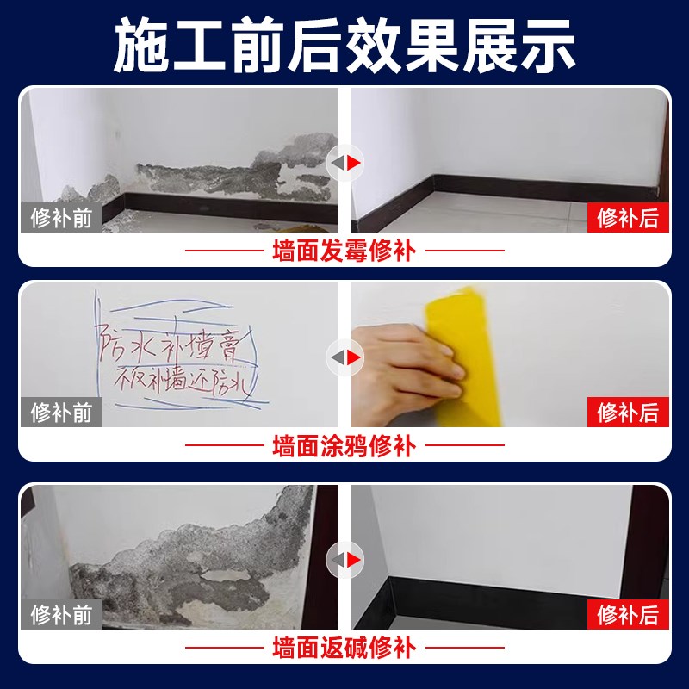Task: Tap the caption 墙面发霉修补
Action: point(344,251)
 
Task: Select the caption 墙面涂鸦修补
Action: point(344,446)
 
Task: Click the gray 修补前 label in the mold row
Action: point(61,217)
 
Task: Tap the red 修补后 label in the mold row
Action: point(628,217)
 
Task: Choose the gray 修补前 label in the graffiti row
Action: point(61,412)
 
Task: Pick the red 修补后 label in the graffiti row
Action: point(628,412)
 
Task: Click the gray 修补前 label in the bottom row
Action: point(61,614)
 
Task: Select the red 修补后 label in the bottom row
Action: point(628,614)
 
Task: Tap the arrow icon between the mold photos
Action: point(344,161)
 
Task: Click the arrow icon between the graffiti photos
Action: point(344,356)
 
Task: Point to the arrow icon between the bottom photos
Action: point(344,558)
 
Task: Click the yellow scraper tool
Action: point(465,344)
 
